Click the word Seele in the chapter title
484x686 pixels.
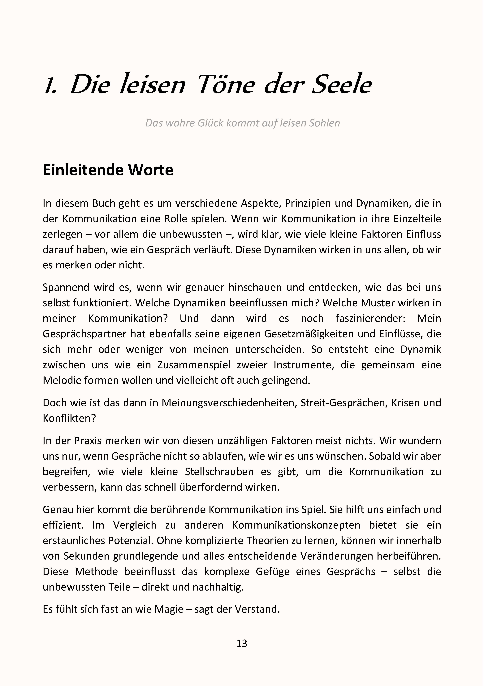click(x=341, y=85)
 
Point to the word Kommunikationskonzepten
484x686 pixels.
click(x=296, y=525)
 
